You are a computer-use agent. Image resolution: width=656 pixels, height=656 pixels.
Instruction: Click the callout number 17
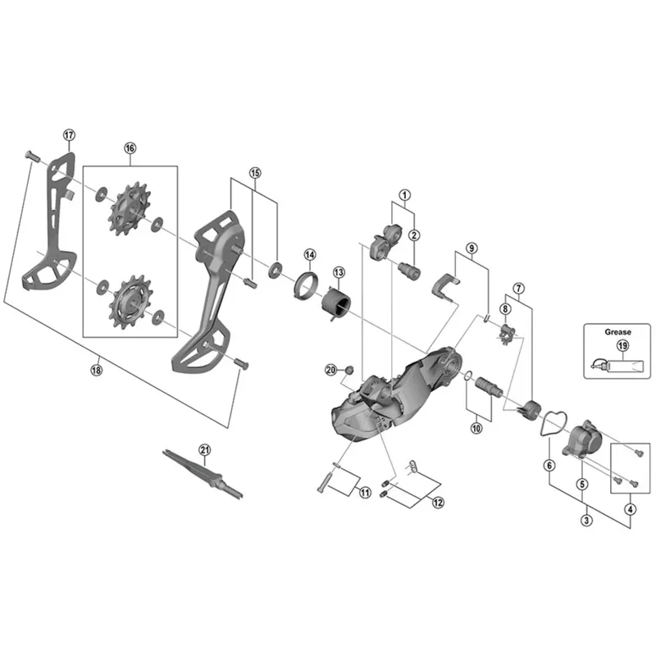(x=68, y=134)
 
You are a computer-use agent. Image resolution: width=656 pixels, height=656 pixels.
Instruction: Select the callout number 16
(x=130, y=148)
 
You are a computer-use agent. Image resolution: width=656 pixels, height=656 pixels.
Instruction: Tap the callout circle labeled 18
(x=98, y=369)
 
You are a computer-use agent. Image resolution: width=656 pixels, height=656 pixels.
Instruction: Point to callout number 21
(x=204, y=449)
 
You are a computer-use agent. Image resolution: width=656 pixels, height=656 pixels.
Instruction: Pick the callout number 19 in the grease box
(x=622, y=346)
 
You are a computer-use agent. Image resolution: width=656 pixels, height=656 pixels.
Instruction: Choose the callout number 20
(x=331, y=370)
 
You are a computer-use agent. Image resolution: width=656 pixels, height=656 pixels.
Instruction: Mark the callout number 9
(x=471, y=247)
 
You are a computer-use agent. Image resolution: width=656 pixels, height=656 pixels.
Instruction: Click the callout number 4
(x=630, y=508)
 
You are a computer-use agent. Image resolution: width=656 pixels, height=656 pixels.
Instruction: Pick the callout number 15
(x=255, y=173)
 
